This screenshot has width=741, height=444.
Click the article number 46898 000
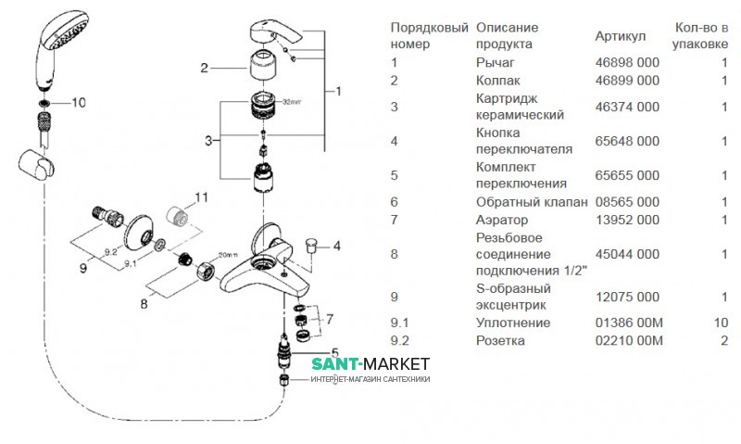627,62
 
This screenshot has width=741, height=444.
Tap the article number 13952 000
627,220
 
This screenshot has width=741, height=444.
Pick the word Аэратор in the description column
501,220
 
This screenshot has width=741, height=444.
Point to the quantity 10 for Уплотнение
721,323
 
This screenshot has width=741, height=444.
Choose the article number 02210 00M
628,340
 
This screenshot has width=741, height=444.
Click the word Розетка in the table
500,340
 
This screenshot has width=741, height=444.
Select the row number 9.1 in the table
401,323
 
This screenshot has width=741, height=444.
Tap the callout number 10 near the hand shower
77,102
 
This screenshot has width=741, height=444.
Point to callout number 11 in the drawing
202,197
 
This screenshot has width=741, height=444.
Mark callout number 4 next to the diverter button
337,246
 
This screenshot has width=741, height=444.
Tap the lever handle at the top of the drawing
277,33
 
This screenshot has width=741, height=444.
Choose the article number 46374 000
627,107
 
